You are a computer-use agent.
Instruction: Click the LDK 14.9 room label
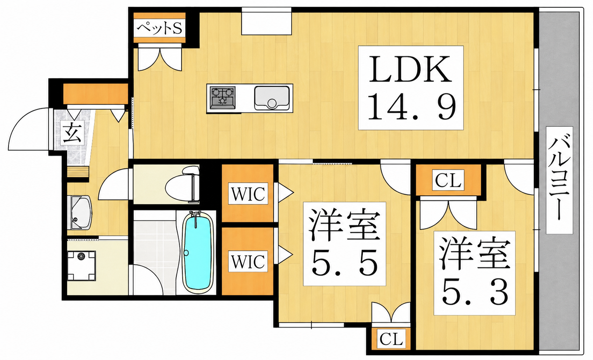pos(411,88)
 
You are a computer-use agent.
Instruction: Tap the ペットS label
pos(159,28)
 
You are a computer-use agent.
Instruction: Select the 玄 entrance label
pos(72,132)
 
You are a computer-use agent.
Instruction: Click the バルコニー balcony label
pos(559,180)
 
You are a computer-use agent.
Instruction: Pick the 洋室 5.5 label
pos(344,244)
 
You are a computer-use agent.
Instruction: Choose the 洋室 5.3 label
pos(474,273)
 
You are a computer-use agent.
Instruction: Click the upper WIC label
pos(248,194)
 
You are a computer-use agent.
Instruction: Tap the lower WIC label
pos(248,261)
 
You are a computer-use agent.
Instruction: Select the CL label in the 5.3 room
pos(448,180)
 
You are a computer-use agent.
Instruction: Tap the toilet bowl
pos(182,184)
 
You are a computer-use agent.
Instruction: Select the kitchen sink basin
pos(272,98)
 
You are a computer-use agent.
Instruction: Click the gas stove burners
pos(222,98)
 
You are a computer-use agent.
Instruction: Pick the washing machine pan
pos(81,266)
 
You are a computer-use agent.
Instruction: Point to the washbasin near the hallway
pos(79,213)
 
